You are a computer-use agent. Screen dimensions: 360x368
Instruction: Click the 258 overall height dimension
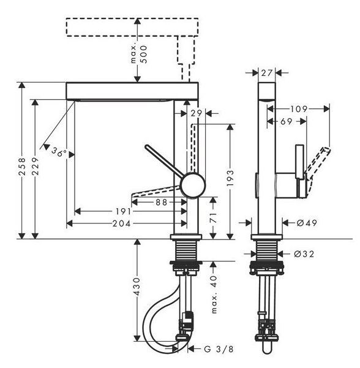22,167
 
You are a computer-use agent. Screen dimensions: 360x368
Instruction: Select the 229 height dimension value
35,167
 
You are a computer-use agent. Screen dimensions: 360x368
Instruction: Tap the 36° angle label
59,152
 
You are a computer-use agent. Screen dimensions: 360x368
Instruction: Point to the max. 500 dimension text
139,54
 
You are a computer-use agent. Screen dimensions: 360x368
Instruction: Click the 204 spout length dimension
121,223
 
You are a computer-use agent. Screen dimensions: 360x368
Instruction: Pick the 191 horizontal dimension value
123,211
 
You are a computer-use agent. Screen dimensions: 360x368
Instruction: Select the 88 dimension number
162,202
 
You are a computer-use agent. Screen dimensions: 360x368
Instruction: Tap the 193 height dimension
230,178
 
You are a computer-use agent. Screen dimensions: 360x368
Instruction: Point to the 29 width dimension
196,113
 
